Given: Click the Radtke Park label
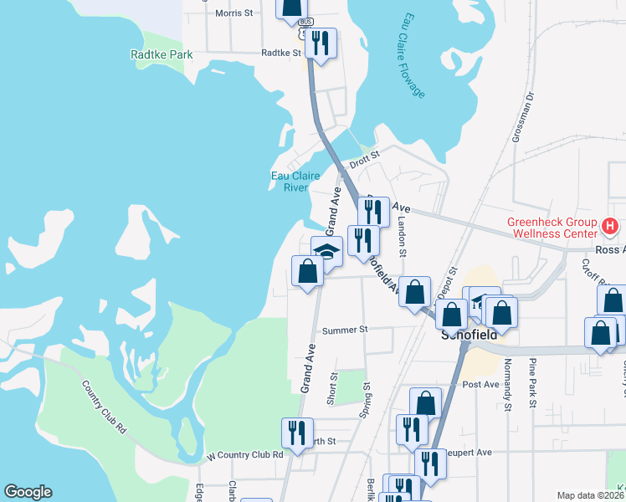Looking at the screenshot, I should pos(162,55).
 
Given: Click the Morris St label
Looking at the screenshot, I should pos(233,13).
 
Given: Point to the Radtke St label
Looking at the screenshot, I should pos(280,52).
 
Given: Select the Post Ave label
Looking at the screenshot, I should pos(480,385).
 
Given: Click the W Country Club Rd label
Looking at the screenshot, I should pos(244,454).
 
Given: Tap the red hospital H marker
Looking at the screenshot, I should pos(610,226).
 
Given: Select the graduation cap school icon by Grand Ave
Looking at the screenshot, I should pos(327,249).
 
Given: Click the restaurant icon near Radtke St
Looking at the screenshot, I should pos(321,41).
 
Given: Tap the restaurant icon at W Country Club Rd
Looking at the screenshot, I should pos(297,432).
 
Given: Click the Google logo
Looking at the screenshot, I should pos(28,492).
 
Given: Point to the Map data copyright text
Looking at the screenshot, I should pos(590,495).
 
